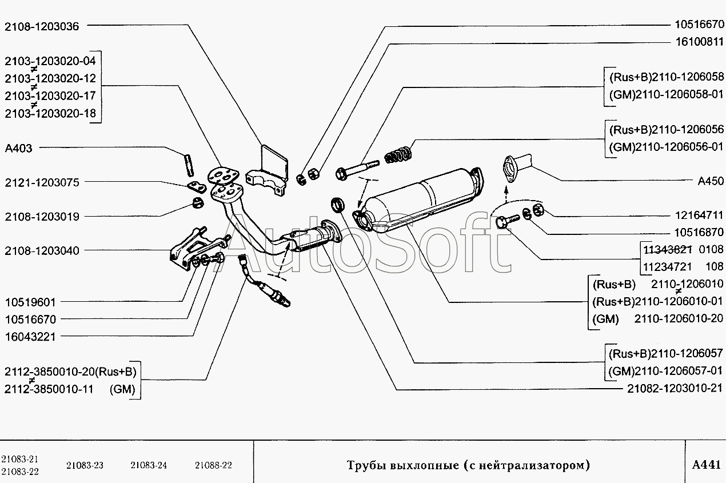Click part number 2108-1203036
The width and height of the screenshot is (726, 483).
click(42, 26)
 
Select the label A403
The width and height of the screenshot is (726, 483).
click(19, 148)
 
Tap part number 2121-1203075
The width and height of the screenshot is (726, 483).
click(42, 182)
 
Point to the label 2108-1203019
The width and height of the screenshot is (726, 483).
click(42, 217)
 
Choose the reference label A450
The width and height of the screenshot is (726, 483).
click(711, 181)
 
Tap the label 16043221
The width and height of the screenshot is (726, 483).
click(30, 337)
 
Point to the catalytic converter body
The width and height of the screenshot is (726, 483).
click(423, 200)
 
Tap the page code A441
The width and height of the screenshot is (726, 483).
click(706, 464)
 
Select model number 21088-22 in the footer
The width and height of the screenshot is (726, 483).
click(213, 465)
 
